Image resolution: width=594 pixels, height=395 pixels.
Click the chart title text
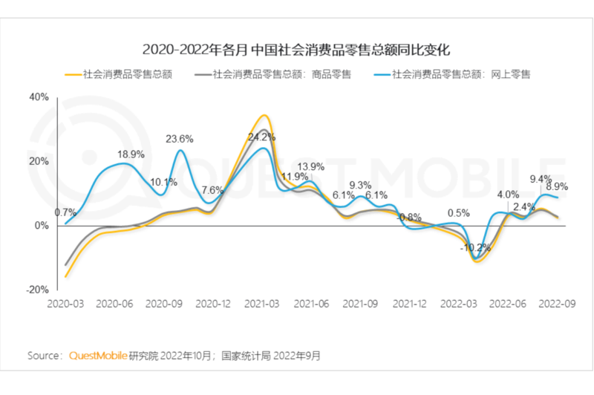point(296,50)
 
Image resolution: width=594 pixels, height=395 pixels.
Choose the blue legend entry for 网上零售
point(460,74)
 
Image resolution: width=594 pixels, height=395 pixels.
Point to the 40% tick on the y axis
point(39,97)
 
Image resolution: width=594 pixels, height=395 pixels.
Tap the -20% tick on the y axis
point(38,290)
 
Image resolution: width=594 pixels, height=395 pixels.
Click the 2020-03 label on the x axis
point(65,304)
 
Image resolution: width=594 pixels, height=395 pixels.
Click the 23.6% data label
point(179,139)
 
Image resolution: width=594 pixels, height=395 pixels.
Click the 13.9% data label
point(310,166)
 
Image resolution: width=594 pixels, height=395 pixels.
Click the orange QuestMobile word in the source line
point(97,356)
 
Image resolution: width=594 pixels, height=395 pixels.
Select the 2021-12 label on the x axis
point(409,304)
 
